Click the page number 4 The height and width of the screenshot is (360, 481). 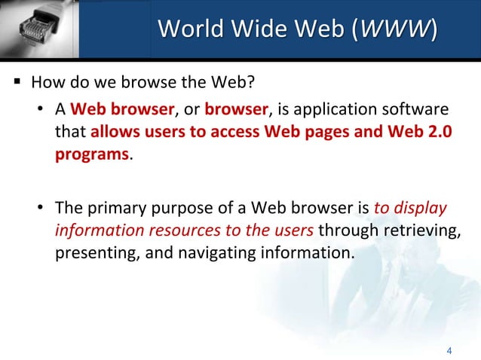[x=449, y=349]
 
